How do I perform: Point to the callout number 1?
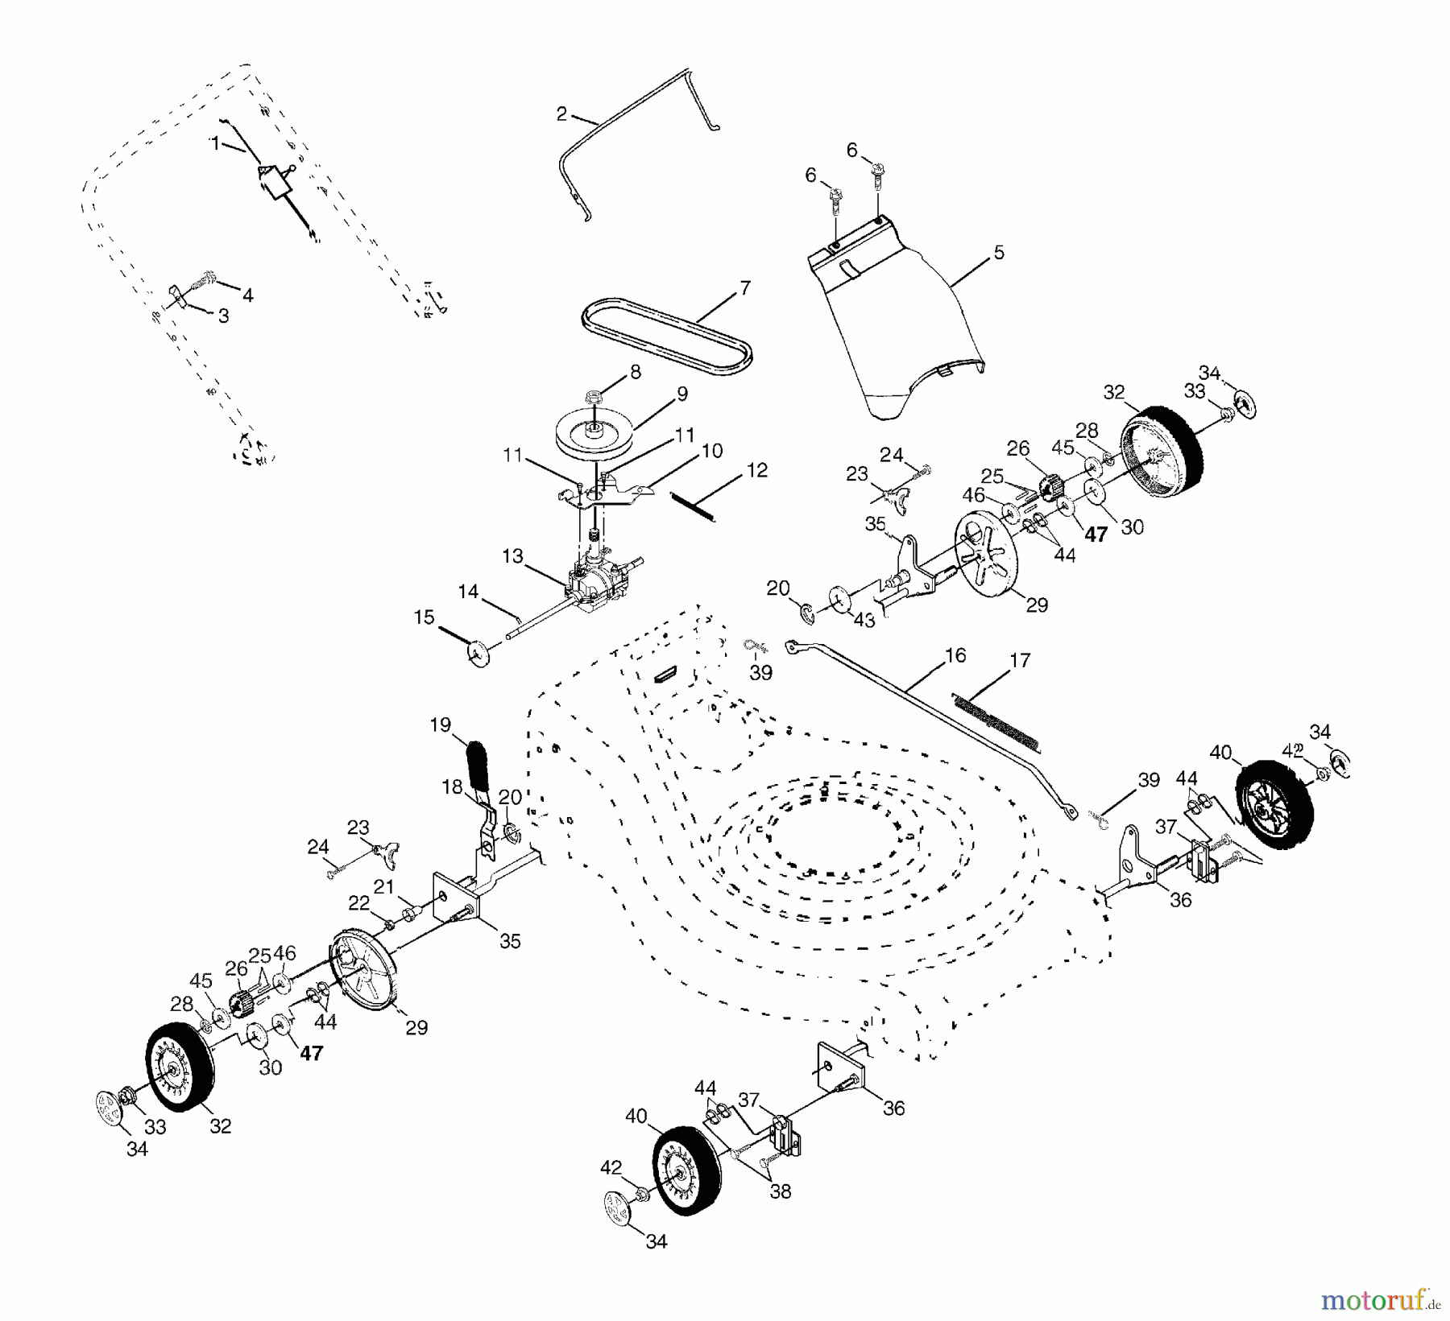215,143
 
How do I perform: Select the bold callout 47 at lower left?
311,1053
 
